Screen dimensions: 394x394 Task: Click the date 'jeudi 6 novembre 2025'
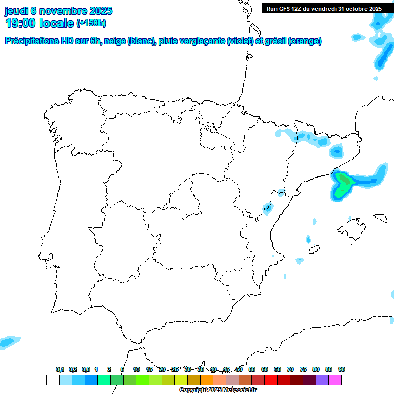(58, 11)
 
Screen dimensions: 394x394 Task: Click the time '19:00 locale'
(40, 23)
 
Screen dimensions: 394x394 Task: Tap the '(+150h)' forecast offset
(91, 23)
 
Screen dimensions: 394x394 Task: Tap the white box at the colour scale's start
(52, 380)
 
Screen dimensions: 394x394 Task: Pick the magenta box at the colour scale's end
(335, 380)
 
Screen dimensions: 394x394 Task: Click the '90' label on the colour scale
(342, 370)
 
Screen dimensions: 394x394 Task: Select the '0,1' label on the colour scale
(60, 370)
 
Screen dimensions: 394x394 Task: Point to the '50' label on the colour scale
(239, 370)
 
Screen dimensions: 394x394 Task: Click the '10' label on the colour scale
(136, 370)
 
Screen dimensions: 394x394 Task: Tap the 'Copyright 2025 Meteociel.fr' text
(218, 390)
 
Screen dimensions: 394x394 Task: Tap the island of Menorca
(380, 218)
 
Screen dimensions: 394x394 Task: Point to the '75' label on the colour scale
(303, 370)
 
